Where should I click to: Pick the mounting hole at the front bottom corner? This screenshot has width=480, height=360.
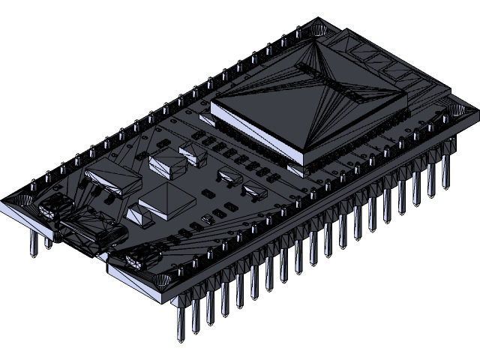pyautogui.click(x=160, y=280)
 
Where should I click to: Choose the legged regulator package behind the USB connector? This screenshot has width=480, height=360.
pyautogui.click(x=114, y=180)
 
